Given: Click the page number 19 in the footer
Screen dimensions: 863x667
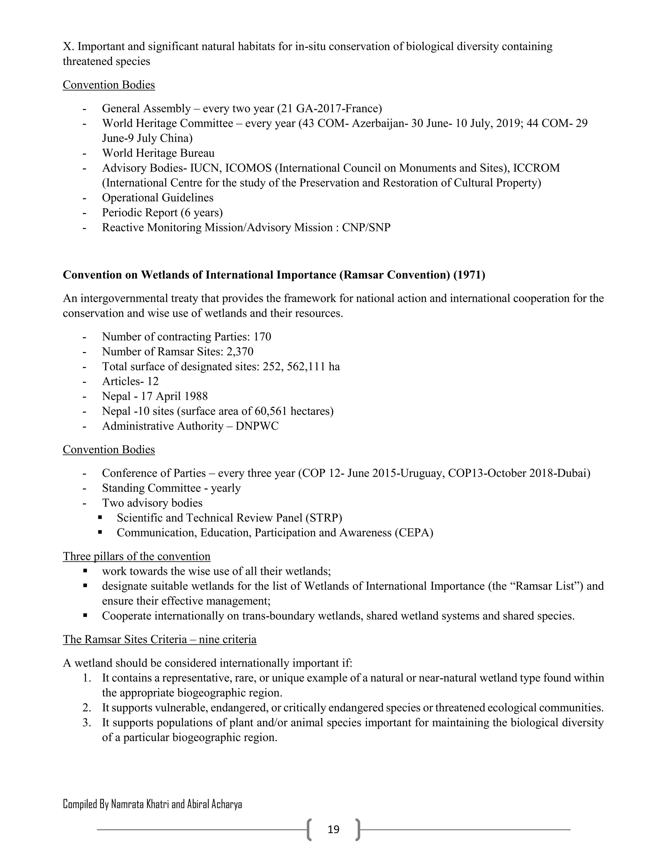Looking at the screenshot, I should coord(333,829).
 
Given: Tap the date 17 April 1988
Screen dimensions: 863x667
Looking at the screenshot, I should coord(174,396).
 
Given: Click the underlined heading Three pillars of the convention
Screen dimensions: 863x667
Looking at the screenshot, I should coord(136,556).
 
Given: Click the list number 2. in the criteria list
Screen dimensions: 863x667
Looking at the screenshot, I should coord(87,707).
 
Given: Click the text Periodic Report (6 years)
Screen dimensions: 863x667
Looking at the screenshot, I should coord(162,213).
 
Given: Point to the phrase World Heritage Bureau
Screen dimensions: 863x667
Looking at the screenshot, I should coord(158,153).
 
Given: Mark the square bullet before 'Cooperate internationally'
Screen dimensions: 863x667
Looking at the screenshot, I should coord(85,615).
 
